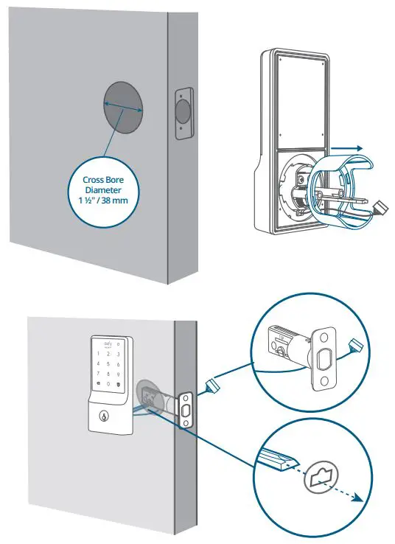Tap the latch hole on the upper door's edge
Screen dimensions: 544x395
181,111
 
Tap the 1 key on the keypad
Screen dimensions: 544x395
96,353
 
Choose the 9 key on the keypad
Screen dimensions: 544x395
120,374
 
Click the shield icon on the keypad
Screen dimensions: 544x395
120,385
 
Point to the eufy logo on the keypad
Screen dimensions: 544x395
108,343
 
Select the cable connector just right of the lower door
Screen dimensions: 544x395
213,384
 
